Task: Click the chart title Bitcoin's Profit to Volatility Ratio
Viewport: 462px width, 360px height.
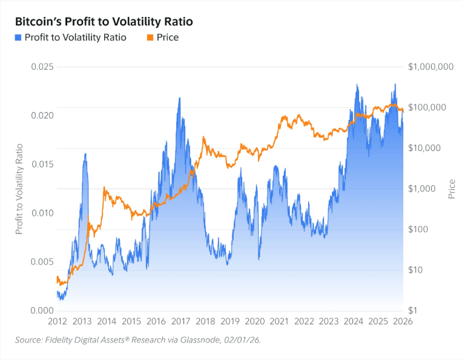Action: (x=104, y=21)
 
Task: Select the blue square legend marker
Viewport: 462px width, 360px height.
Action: (x=19, y=38)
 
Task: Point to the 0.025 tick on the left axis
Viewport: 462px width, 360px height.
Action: (x=42, y=66)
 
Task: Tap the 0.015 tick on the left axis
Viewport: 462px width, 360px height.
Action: (x=42, y=164)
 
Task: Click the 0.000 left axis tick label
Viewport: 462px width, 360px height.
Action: (x=42, y=311)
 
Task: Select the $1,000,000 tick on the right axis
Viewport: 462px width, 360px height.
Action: (x=431, y=66)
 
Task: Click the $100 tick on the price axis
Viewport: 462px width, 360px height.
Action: (x=418, y=229)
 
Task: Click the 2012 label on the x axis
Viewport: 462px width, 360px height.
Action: (x=57, y=321)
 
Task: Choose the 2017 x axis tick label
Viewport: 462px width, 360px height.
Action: (x=180, y=321)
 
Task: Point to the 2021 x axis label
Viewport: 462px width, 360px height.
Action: (x=279, y=321)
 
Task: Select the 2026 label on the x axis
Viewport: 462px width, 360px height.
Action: (x=403, y=321)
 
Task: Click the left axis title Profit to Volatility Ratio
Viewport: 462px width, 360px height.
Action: (x=19, y=188)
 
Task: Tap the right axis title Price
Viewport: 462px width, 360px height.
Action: (x=452, y=188)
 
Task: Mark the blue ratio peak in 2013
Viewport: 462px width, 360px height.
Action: (x=85, y=154)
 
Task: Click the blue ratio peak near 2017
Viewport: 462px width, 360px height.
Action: (x=179, y=98)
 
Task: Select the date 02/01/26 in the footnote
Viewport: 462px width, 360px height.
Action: (x=242, y=341)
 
